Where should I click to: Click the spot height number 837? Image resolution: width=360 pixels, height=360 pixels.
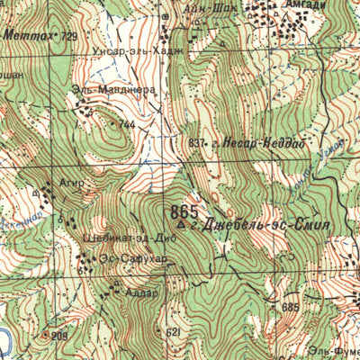click(197, 142)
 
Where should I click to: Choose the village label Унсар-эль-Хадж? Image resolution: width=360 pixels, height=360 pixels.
click(126, 52)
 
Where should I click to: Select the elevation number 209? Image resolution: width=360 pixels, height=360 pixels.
click(59, 336)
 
